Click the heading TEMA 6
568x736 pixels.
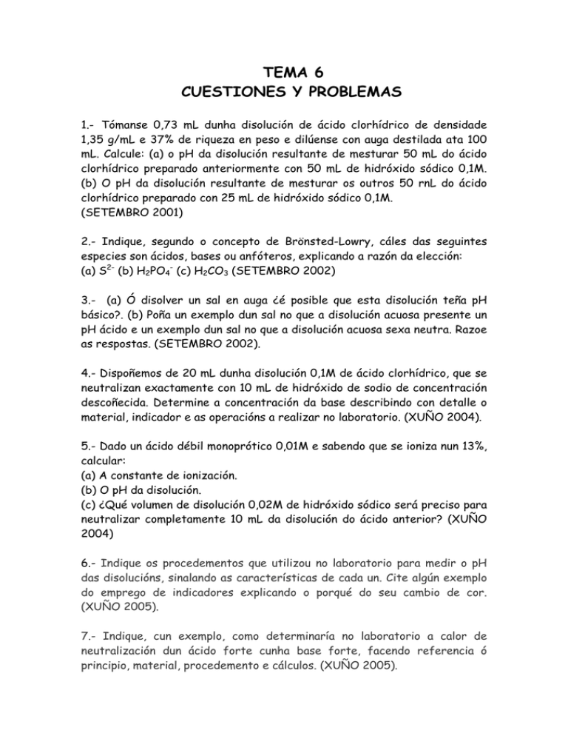pyautogui.click(x=284, y=73)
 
